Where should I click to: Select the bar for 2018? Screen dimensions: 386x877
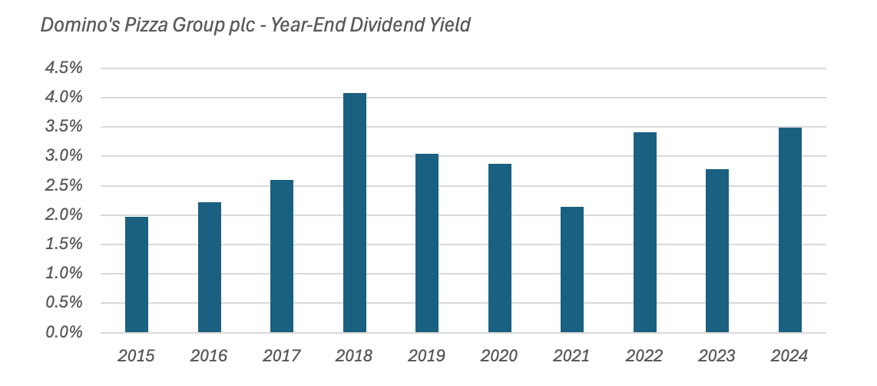point(354,213)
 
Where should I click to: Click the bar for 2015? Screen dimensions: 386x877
point(137,275)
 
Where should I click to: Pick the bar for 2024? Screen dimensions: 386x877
point(789,230)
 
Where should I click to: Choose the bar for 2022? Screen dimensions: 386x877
point(644,232)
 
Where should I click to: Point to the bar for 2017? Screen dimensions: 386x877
point(282,256)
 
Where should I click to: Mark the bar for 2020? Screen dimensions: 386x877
point(499,248)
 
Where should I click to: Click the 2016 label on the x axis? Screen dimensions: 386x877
point(209,356)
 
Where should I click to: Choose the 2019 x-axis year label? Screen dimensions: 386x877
point(426,356)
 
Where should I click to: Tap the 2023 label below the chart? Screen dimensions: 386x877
point(716,356)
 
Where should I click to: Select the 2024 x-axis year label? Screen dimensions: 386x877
point(789,356)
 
